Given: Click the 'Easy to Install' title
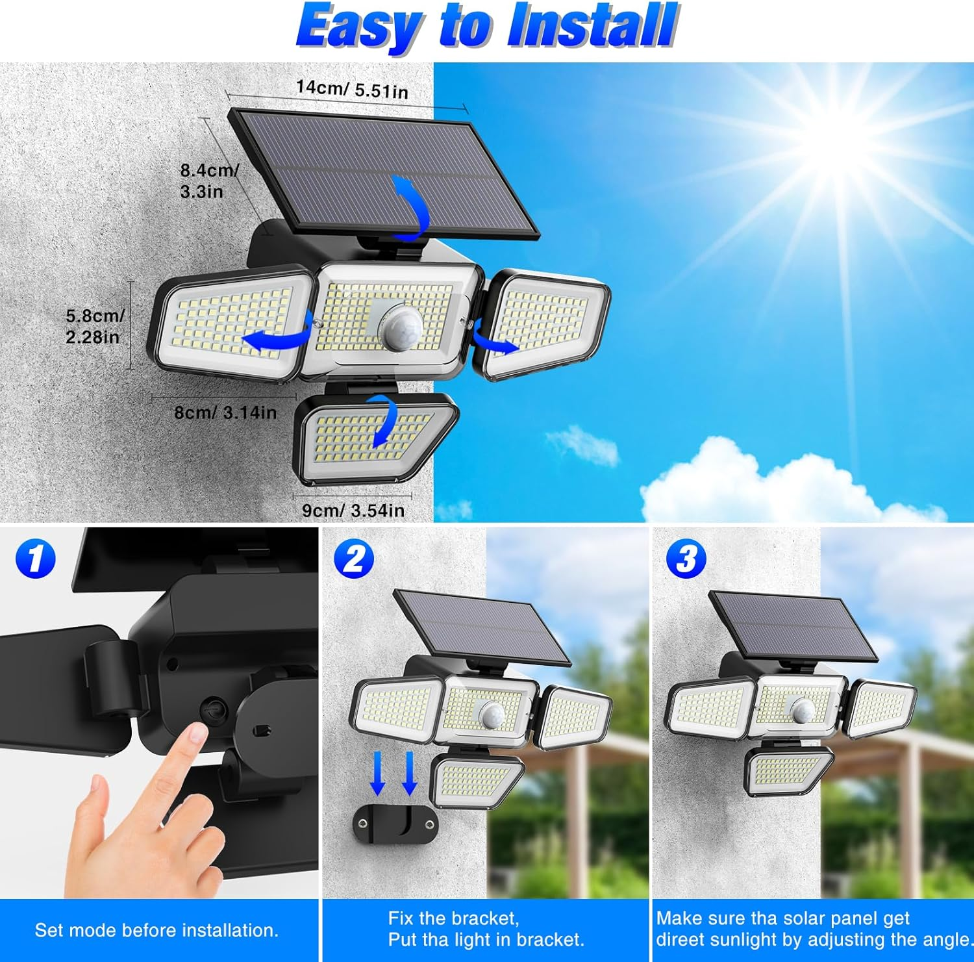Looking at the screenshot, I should [487, 27].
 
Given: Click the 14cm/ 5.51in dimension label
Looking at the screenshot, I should [352, 89].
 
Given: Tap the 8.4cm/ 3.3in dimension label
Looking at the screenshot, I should [209, 181].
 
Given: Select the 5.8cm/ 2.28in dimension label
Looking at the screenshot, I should [95, 326].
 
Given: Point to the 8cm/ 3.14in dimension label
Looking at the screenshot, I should [225, 412].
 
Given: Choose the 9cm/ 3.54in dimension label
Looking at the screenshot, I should [353, 511].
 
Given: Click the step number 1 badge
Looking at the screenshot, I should [36, 559].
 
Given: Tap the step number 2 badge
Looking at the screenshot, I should [354, 559].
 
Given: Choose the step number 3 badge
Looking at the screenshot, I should [686, 559].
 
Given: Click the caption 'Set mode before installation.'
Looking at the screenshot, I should [156, 930].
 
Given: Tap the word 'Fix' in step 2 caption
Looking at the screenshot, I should [401, 918].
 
